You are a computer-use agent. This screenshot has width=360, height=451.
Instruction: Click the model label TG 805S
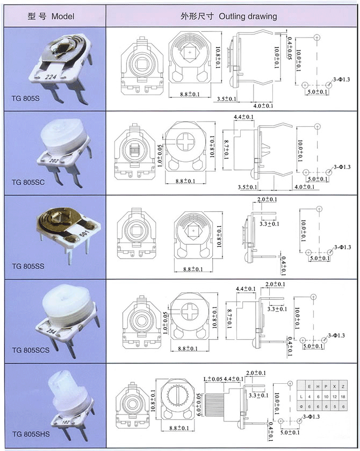pos(26,98)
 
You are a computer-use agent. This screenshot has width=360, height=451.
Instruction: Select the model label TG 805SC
pos(27,182)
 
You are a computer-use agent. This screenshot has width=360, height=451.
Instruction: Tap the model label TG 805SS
pos(27,266)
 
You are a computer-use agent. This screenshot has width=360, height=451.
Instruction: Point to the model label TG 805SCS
pos(30,350)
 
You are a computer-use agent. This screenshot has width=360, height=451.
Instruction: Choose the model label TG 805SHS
pos(30,433)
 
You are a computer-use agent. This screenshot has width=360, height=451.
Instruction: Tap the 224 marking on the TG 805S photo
pos(52,77)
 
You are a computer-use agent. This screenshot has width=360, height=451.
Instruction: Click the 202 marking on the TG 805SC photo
pos(54,160)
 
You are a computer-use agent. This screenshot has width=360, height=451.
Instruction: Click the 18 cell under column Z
pos(343,397)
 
